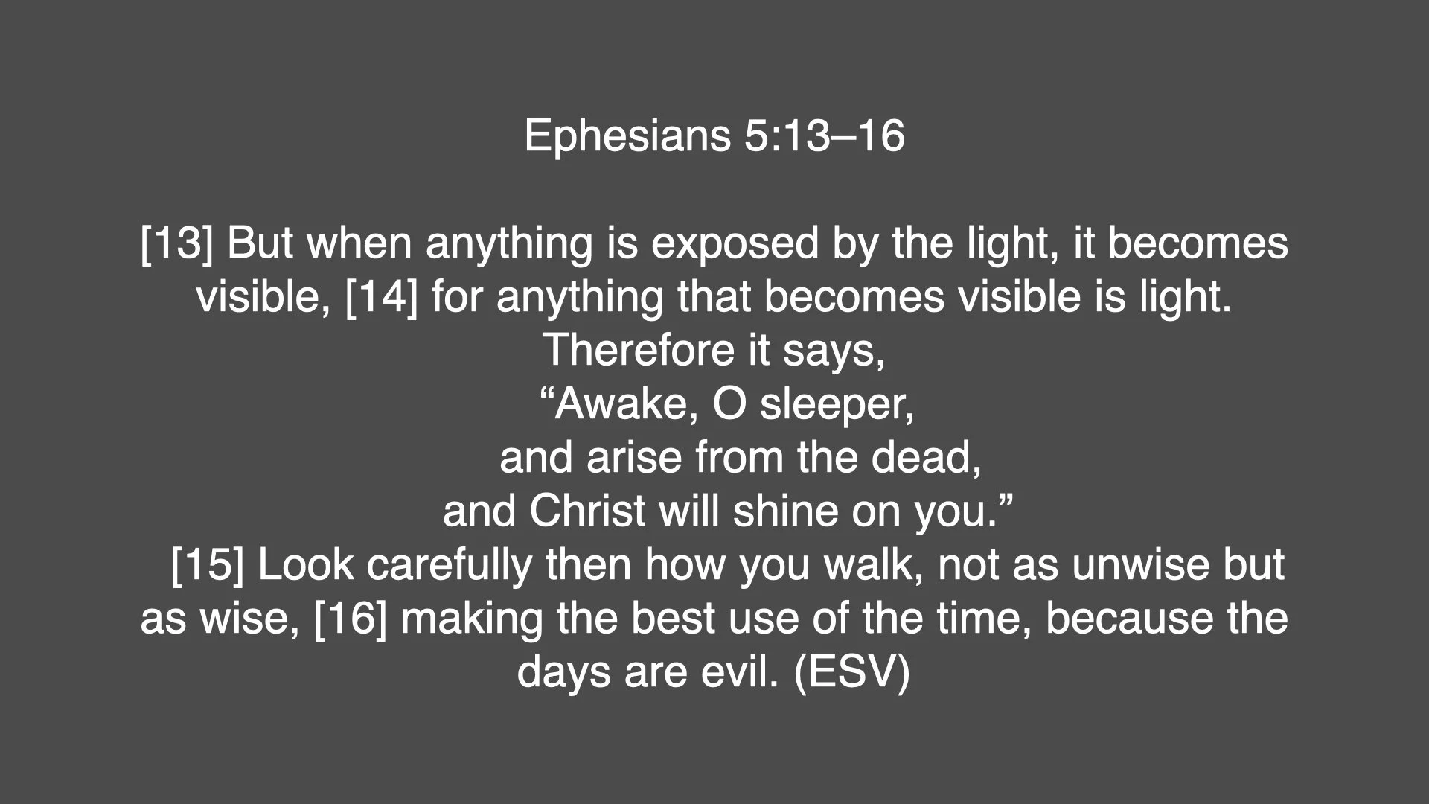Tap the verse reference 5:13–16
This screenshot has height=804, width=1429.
(x=824, y=136)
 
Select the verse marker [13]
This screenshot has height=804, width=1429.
(x=176, y=243)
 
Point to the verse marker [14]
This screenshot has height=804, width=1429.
(x=382, y=297)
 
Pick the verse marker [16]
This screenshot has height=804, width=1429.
(x=351, y=619)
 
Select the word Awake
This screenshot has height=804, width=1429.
(x=626, y=404)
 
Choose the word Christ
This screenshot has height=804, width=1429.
(x=588, y=511)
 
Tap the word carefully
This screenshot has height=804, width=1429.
(x=449, y=565)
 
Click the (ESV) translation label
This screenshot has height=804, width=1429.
(x=851, y=672)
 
